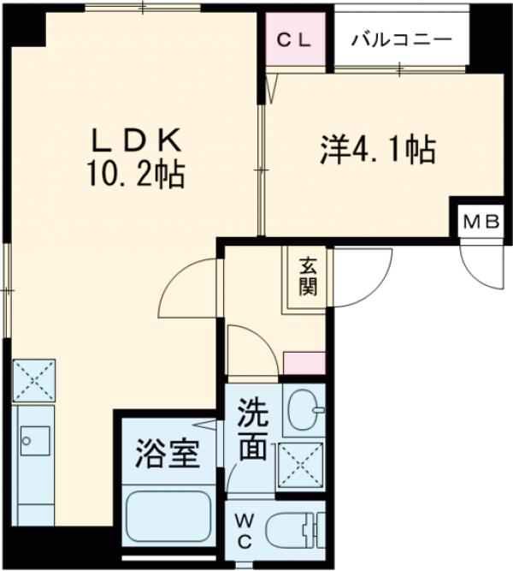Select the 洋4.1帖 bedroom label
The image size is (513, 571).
[377, 151]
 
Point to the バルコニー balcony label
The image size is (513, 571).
[399, 39]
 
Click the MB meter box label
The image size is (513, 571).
[481, 222]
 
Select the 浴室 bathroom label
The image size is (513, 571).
[168, 453]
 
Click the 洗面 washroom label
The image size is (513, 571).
[253, 431]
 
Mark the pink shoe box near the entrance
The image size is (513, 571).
[304, 363]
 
